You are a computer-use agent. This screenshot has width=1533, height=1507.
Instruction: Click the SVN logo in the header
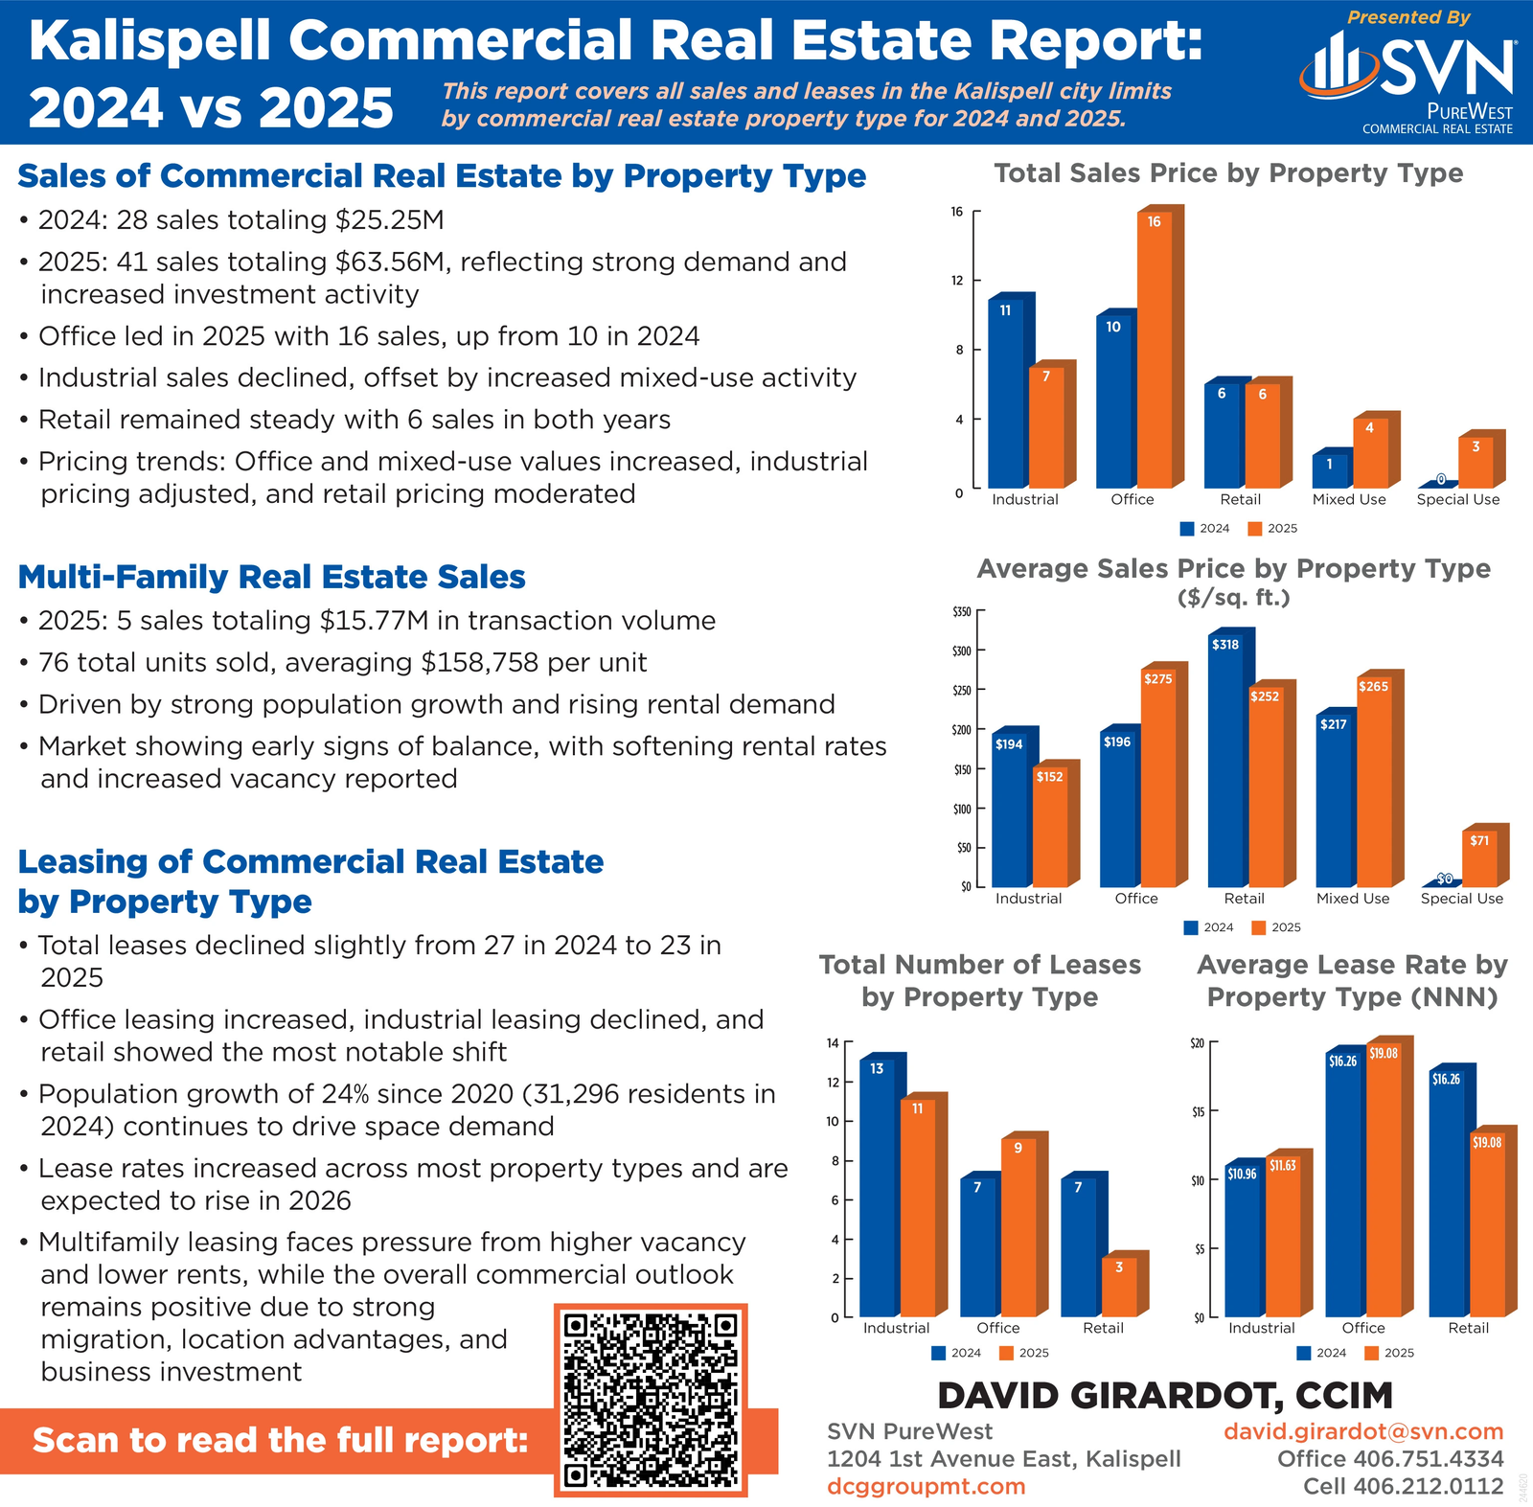[x=1407, y=67]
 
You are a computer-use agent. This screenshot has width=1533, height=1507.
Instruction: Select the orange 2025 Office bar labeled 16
[x=1155, y=350]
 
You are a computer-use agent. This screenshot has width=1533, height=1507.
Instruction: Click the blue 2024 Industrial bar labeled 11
[x=1005, y=393]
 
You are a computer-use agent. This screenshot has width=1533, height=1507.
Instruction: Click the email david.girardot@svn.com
[x=1363, y=1431]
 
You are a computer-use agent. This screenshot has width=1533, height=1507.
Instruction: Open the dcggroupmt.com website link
[x=926, y=1486]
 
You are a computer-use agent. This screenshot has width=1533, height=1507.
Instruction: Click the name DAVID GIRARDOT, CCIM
[x=1165, y=1396]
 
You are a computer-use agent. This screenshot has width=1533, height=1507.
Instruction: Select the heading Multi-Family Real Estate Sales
[x=271, y=577]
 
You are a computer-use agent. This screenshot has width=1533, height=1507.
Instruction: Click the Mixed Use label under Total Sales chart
[x=1349, y=499]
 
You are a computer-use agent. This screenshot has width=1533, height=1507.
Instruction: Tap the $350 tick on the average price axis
[x=962, y=611]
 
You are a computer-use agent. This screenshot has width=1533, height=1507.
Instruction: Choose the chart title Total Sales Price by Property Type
[x=1228, y=173]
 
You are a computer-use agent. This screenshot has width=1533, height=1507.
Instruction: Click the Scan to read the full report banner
[x=280, y=1440]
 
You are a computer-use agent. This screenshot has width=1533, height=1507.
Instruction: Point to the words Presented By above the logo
[x=1408, y=17]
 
